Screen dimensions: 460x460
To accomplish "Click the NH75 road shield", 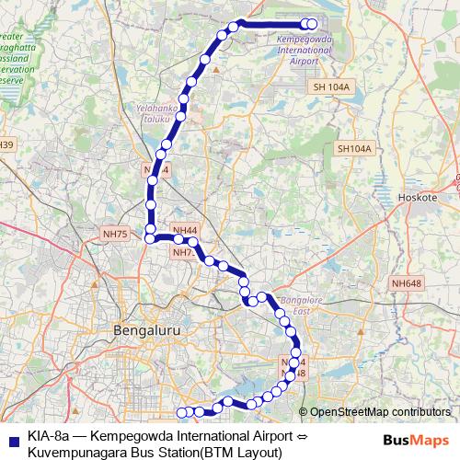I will (116, 234).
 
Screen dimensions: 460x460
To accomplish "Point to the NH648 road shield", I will (406, 282).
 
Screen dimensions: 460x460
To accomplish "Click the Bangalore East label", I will (287, 306).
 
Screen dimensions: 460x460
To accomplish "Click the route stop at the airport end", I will (311, 25).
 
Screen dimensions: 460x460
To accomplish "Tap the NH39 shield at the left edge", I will (6, 145).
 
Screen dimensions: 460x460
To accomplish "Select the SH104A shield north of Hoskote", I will (353, 148).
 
